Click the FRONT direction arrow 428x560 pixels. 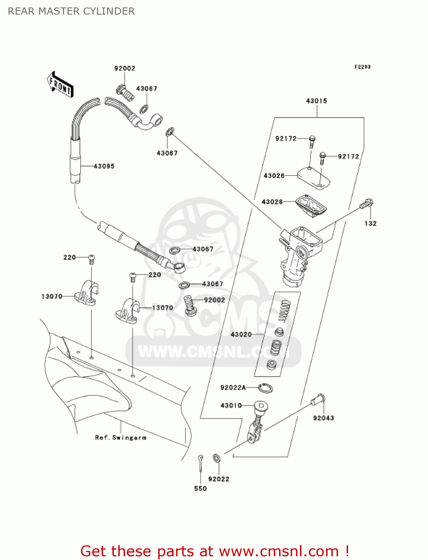pos(60,85)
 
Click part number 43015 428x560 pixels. pos(316,101)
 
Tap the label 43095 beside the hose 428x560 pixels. pos(104,166)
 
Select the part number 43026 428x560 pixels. pos(274,175)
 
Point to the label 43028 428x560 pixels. pos(272,202)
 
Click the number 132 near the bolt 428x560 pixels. pos(371,223)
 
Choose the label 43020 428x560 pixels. pos(241,334)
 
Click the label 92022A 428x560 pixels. pos(233,388)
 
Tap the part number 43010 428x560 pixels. pos(231,405)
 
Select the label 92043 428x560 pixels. pos(324,418)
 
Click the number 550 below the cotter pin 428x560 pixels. pos(200,488)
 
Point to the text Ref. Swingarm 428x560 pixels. pos(121,438)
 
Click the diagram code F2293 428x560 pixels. pos(362,67)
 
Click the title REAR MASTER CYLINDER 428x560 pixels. pos(71,11)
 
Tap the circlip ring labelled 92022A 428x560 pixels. pos(265,388)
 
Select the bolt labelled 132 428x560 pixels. pos(366,204)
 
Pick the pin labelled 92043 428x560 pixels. pos(318,400)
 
